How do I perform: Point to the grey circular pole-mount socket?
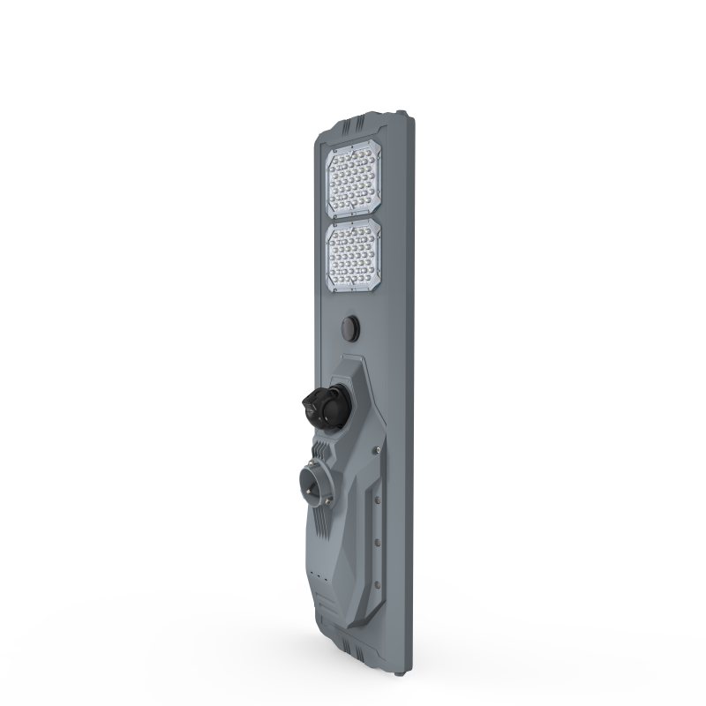(317, 484)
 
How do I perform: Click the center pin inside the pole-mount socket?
(315, 484)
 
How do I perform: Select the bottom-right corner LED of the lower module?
(375, 281)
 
